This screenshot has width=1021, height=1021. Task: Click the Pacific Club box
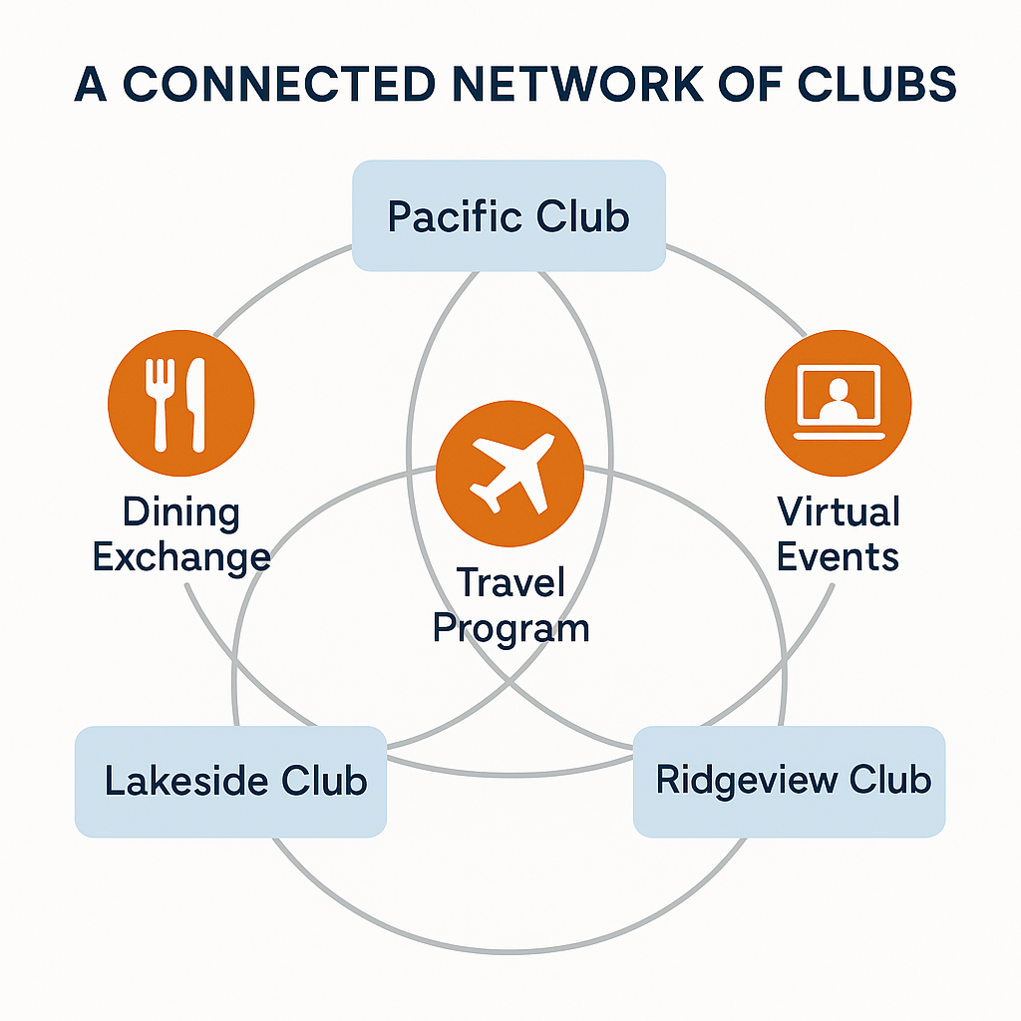point(509,215)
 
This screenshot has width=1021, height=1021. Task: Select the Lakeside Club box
point(230,781)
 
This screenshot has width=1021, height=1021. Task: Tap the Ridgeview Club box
point(789,781)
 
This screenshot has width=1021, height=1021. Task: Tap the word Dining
point(180,513)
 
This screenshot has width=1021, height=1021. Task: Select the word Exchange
point(180,556)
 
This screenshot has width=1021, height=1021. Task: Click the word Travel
point(510,582)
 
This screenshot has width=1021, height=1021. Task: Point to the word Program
point(511,628)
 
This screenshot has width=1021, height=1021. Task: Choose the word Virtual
point(838,512)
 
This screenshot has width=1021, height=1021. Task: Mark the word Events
point(838,556)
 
